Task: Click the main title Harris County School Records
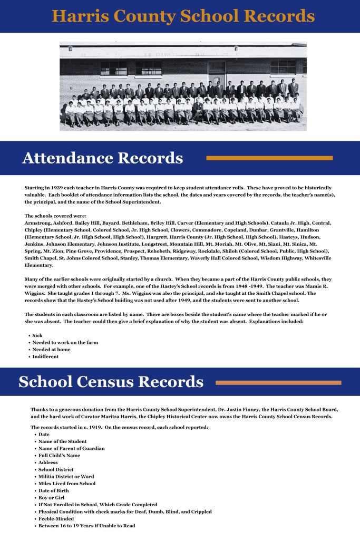183,16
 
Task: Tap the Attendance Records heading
102,158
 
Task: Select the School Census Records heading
111,382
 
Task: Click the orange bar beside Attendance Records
269,158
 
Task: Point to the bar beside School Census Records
278,382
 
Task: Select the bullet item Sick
37,335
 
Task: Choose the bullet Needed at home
51,349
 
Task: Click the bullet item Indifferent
45,356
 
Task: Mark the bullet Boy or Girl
52,497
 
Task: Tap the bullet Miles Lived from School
67,483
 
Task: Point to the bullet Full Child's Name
60,455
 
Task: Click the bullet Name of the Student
63,441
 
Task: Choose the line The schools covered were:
55,216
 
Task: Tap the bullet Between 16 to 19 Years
87,525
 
